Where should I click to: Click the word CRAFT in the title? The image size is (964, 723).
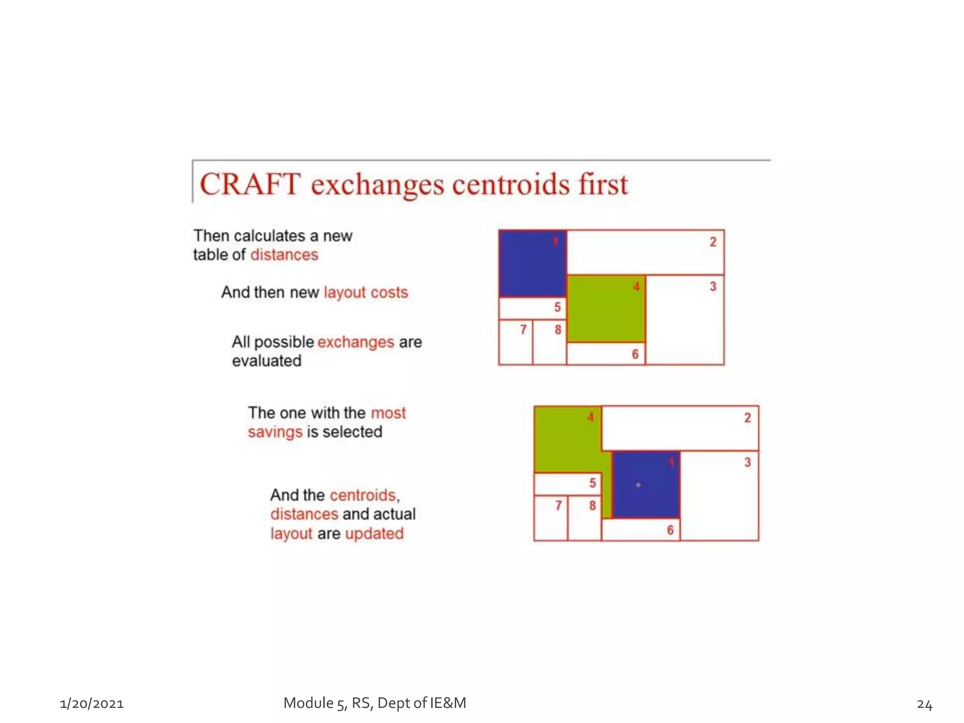[x=250, y=184]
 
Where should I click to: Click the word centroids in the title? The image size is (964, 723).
[x=511, y=184]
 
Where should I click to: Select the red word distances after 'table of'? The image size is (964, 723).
[x=284, y=255]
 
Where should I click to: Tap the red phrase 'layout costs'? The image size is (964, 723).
[x=366, y=292]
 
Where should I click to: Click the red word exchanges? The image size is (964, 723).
[x=355, y=342]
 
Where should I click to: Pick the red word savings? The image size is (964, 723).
[x=275, y=432]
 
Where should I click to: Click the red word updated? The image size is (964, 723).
[x=374, y=533]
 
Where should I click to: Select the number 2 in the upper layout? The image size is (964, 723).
[x=713, y=242]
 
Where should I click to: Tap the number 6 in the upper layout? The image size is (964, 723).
[x=635, y=354]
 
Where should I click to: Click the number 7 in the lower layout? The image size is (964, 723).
[x=558, y=506]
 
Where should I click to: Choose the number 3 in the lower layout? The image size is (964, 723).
[x=747, y=462]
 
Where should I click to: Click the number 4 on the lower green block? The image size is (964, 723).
[x=590, y=417]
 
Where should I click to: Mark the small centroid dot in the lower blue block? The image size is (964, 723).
[x=638, y=485]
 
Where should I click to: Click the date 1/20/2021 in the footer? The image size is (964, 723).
[x=92, y=704]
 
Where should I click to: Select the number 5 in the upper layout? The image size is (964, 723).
[x=557, y=307]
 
